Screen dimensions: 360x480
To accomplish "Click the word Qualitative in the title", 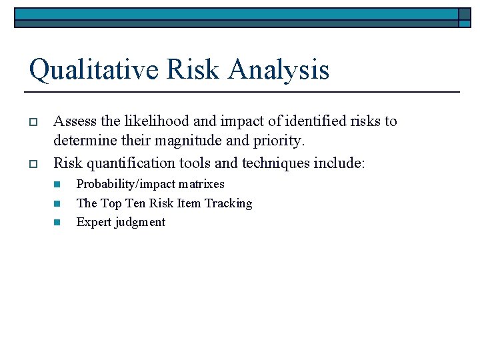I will [93, 70].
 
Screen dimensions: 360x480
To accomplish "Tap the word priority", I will [277, 142].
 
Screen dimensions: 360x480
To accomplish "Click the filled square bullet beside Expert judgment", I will [57, 223].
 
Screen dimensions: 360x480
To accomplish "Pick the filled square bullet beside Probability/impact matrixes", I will [57, 184].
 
